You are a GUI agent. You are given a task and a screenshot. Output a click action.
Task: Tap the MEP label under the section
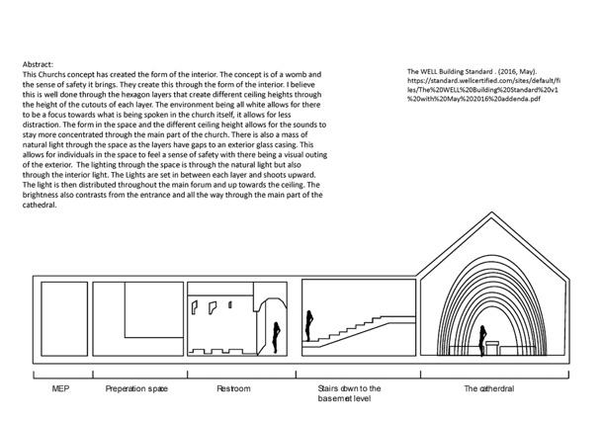[x=60, y=388]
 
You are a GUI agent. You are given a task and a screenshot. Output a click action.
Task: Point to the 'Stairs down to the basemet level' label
[x=357, y=393]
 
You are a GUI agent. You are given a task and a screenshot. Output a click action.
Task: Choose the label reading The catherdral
[x=490, y=388]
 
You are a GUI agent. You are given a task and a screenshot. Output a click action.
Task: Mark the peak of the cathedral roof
[x=491, y=230]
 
